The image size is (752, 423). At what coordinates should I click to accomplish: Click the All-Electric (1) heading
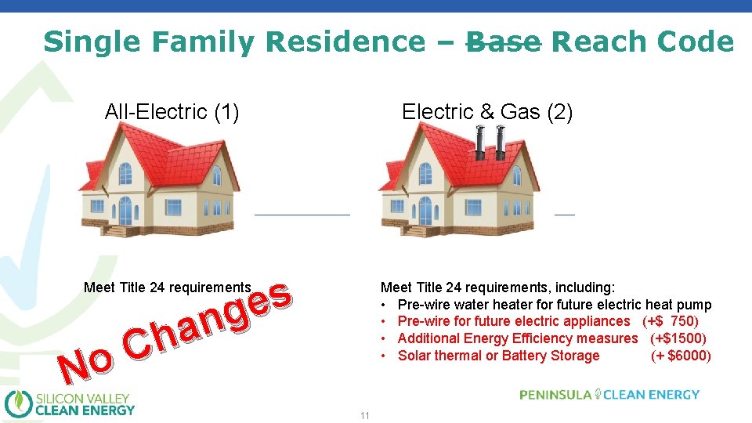point(172,112)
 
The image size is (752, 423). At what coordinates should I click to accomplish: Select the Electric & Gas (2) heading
point(487,112)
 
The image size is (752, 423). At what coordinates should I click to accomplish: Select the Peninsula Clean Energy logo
point(609,395)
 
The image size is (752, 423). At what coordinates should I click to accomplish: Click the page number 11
point(364,415)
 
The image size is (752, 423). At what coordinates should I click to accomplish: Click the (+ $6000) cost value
point(681,356)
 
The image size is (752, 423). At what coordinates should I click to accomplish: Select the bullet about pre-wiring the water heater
point(554,305)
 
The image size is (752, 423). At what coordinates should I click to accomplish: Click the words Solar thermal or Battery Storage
point(498,356)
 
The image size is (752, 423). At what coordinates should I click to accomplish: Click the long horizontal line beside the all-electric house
point(302,214)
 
